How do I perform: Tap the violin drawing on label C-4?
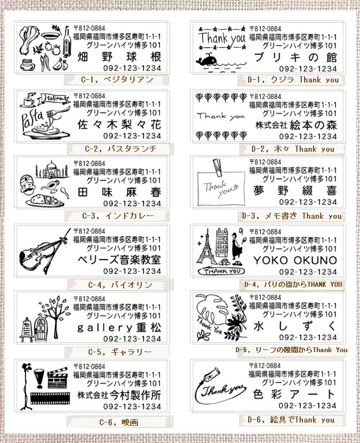[x=45, y=253]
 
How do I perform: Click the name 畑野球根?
[x=117, y=58]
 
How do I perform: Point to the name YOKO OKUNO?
[x=294, y=260]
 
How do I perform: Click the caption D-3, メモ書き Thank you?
[x=284, y=215]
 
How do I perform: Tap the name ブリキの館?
[x=294, y=58]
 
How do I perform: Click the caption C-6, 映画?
[x=118, y=423]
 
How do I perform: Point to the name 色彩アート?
[x=294, y=395]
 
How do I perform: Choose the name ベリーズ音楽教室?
[x=117, y=260]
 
